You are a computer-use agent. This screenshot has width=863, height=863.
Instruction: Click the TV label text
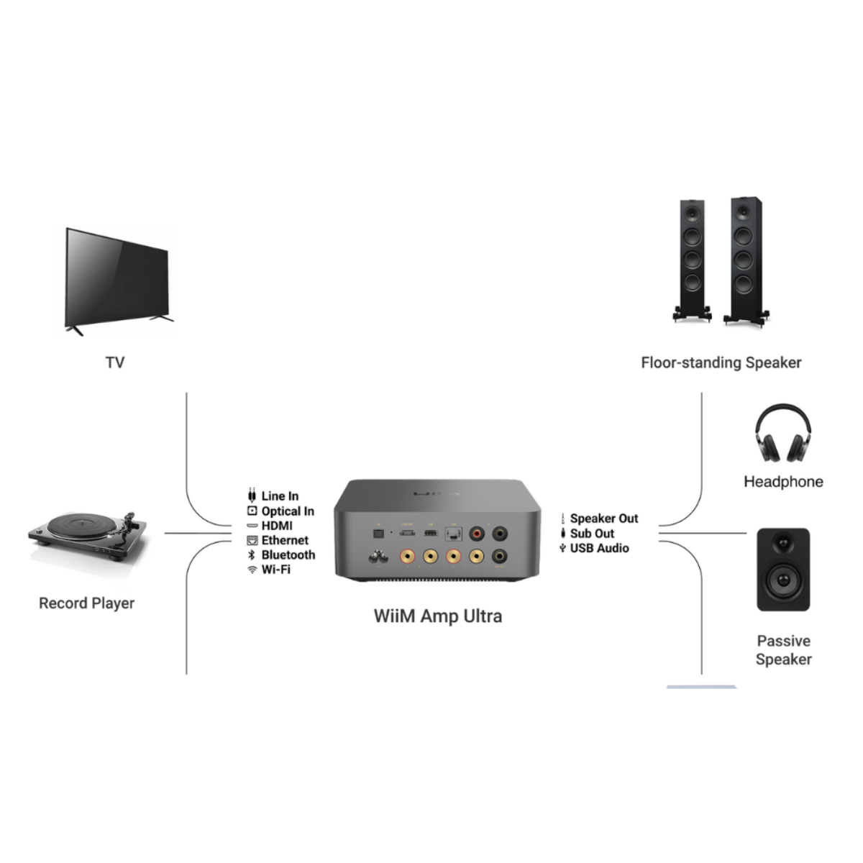point(115,362)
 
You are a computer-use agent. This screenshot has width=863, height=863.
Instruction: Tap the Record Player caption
point(86,603)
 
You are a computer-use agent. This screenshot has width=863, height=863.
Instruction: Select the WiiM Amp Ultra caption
point(437,616)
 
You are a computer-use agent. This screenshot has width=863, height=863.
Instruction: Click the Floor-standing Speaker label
point(721,362)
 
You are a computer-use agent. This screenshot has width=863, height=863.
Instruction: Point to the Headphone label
point(783,482)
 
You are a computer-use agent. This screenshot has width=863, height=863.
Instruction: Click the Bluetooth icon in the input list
point(252,555)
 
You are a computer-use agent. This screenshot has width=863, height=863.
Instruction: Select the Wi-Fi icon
point(252,570)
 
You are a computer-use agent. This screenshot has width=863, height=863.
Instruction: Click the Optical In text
point(288,511)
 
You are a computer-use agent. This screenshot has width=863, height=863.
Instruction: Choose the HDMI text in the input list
point(277,526)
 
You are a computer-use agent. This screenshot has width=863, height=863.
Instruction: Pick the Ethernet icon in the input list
point(252,541)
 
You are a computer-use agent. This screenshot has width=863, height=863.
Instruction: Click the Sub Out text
point(592,534)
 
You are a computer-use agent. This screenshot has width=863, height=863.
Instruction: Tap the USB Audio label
point(599,548)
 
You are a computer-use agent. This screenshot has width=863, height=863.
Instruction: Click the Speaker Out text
point(604,519)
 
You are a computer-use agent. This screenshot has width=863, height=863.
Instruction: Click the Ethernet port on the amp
point(453,534)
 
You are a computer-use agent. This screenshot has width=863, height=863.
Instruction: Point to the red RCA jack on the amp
point(476,534)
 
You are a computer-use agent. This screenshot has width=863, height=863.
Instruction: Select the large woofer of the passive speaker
point(783,578)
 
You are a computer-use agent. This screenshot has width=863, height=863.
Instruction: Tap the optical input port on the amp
point(375,534)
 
